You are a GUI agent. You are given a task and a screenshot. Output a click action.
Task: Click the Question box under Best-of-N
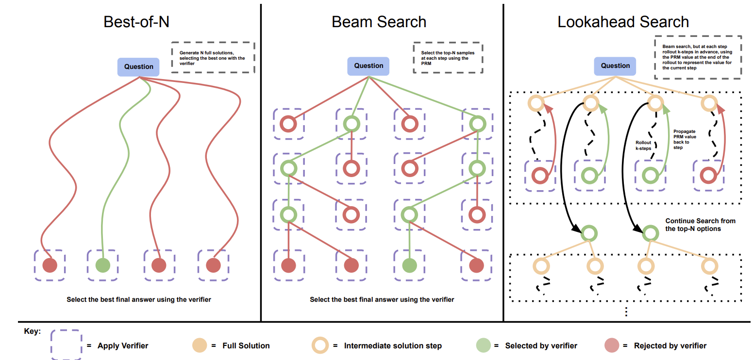click(x=138, y=67)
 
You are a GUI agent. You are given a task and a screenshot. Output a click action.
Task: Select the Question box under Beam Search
click(x=368, y=66)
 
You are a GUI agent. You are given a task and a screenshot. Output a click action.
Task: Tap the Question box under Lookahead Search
click(x=615, y=66)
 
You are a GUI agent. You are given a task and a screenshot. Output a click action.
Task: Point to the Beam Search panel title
click(x=379, y=22)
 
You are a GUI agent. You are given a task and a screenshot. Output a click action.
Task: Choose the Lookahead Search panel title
click(x=623, y=22)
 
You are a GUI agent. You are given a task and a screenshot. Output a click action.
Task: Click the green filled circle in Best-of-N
click(x=102, y=265)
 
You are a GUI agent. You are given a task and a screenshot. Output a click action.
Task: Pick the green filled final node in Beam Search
click(x=410, y=265)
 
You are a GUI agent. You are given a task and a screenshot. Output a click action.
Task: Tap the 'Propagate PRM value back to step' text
click(x=684, y=139)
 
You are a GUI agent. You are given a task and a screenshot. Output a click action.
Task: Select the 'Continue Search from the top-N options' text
click(x=700, y=225)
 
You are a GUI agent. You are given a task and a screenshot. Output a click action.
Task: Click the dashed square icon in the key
click(x=66, y=345)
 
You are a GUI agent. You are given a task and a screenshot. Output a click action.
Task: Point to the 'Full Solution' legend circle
click(x=200, y=345)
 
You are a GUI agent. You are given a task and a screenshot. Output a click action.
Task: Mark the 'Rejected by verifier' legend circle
click(x=612, y=345)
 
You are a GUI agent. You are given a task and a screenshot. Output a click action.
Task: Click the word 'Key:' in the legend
click(x=32, y=332)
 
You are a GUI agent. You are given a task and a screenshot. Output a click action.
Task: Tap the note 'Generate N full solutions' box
click(x=213, y=58)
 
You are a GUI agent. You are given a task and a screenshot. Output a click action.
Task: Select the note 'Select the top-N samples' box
click(x=448, y=58)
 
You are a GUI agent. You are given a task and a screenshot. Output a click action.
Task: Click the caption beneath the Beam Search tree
click(x=382, y=300)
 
